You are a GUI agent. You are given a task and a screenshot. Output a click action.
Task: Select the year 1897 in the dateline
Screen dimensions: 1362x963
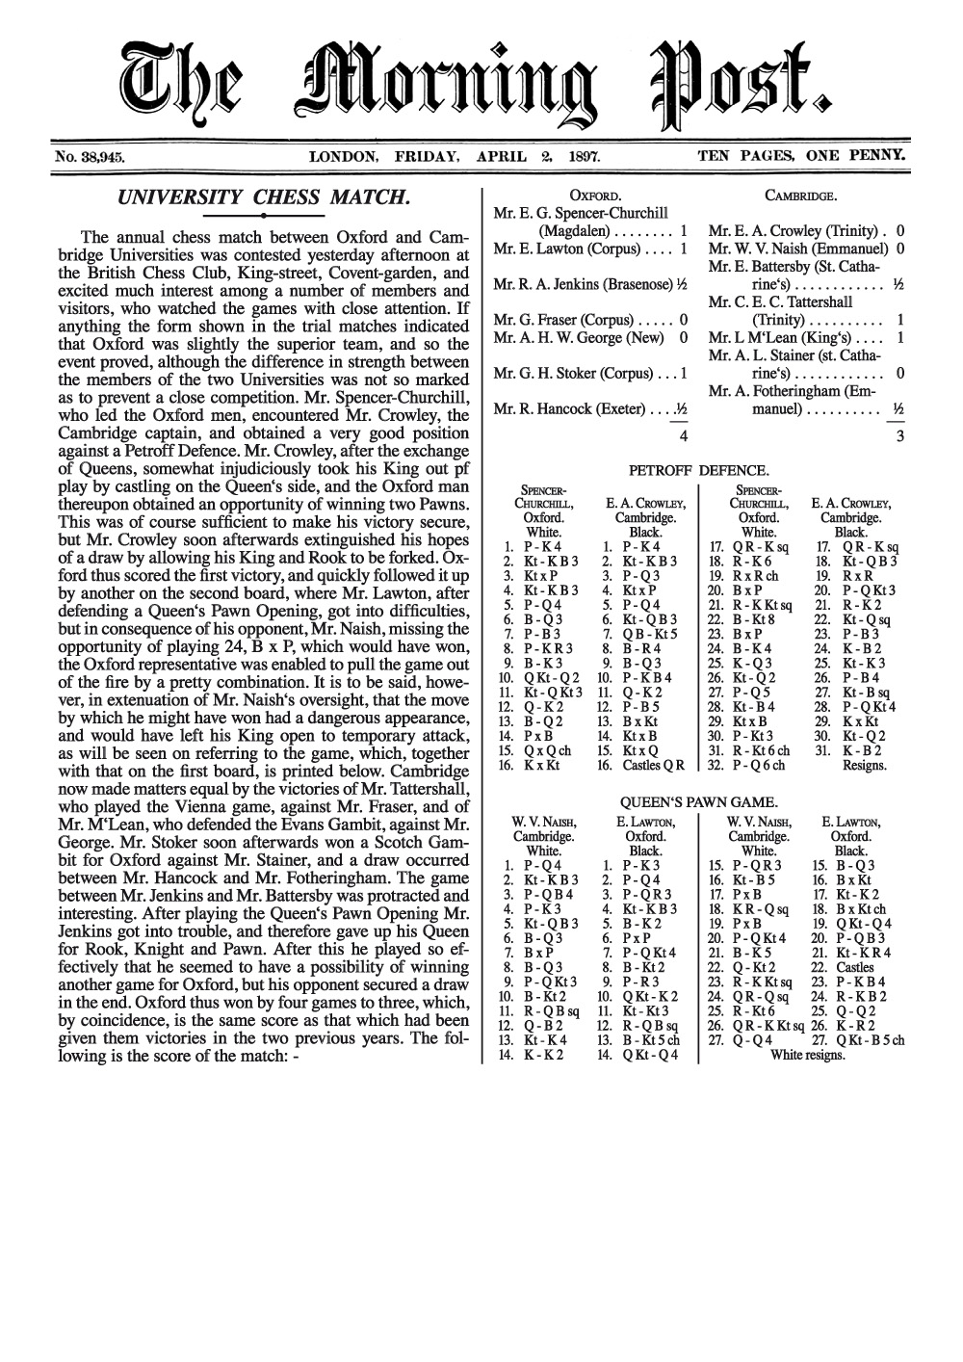(584, 154)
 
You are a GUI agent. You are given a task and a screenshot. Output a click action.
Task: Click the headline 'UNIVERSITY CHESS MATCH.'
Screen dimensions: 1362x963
(263, 198)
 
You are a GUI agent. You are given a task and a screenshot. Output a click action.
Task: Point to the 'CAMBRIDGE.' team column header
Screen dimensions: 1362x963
(800, 196)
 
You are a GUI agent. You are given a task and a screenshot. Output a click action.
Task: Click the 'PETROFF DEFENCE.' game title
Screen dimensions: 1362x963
(698, 471)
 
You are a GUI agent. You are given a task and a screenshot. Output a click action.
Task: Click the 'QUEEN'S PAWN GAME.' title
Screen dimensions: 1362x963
(698, 801)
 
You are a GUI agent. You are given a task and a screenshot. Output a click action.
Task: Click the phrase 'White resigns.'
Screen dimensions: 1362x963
(808, 1055)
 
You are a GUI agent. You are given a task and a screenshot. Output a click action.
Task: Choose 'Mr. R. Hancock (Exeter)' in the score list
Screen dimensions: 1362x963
(569, 409)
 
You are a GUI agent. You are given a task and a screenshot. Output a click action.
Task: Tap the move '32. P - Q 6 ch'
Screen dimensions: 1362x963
(746, 767)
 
